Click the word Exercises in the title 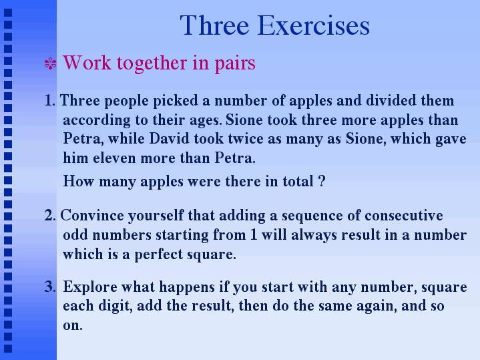tap(314, 25)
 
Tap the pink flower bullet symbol tap(51, 63)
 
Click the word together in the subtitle tap(152, 63)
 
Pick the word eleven tap(114, 158)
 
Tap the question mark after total tap(321, 181)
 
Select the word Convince tap(92, 215)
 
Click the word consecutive tap(404, 215)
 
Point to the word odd tap(75, 234)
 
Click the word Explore tap(90, 287)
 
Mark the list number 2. tap(50, 215)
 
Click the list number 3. tap(50, 287)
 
